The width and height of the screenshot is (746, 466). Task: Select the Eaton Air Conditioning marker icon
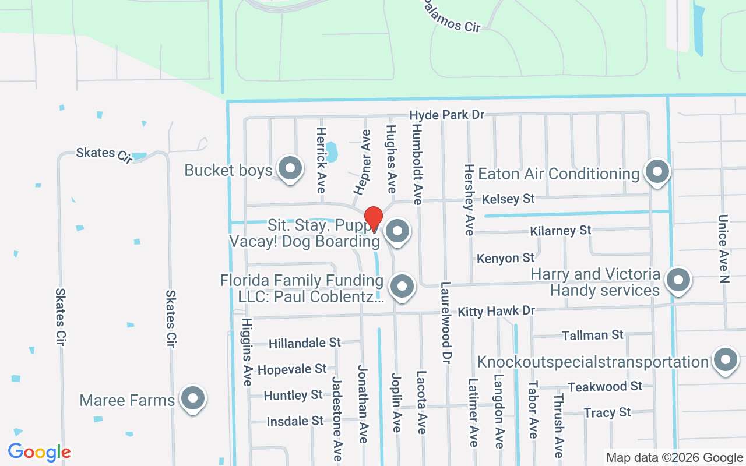click(x=658, y=172)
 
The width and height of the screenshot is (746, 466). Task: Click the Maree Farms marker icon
click(x=192, y=399)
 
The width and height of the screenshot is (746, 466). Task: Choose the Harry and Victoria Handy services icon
click(x=678, y=280)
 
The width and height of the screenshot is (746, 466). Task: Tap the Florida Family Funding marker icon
click(x=402, y=286)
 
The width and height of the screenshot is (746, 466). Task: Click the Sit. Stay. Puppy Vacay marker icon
click(x=397, y=231)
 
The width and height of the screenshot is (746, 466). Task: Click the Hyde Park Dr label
click(x=446, y=115)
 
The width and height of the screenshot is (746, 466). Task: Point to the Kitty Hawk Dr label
click(x=496, y=312)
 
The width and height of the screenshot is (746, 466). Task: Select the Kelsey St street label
click(x=508, y=199)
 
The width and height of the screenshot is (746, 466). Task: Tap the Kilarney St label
click(x=561, y=231)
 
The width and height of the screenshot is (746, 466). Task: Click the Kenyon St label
click(x=505, y=257)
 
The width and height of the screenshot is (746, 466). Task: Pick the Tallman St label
click(x=592, y=336)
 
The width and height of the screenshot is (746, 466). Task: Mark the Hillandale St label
click(x=304, y=343)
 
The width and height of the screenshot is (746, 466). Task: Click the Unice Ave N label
click(x=723, y=249)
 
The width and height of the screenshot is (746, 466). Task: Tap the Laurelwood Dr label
click(x=446, y=320)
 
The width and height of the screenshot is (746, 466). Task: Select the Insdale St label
click(x=294, y=421)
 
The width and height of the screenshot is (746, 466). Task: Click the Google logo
click(x=39, y=452)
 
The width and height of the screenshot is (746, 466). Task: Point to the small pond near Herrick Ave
click(x=330, y=152)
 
